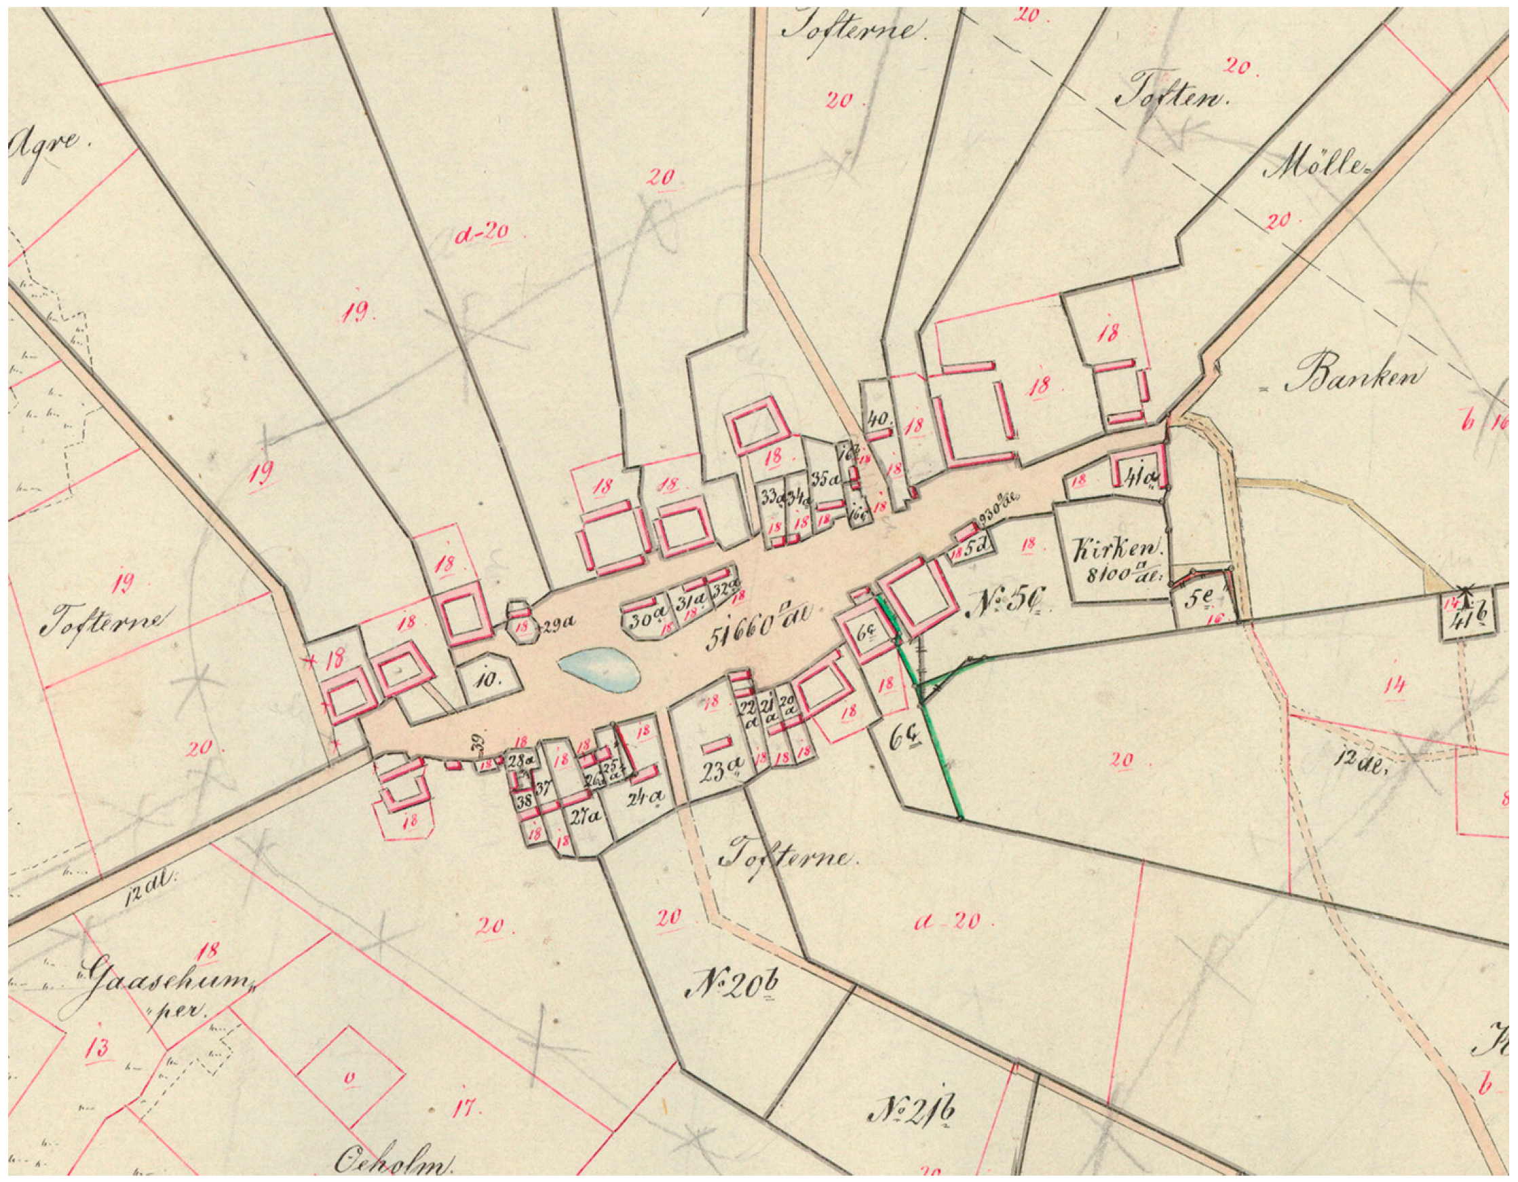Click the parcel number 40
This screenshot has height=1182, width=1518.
[880, 419]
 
